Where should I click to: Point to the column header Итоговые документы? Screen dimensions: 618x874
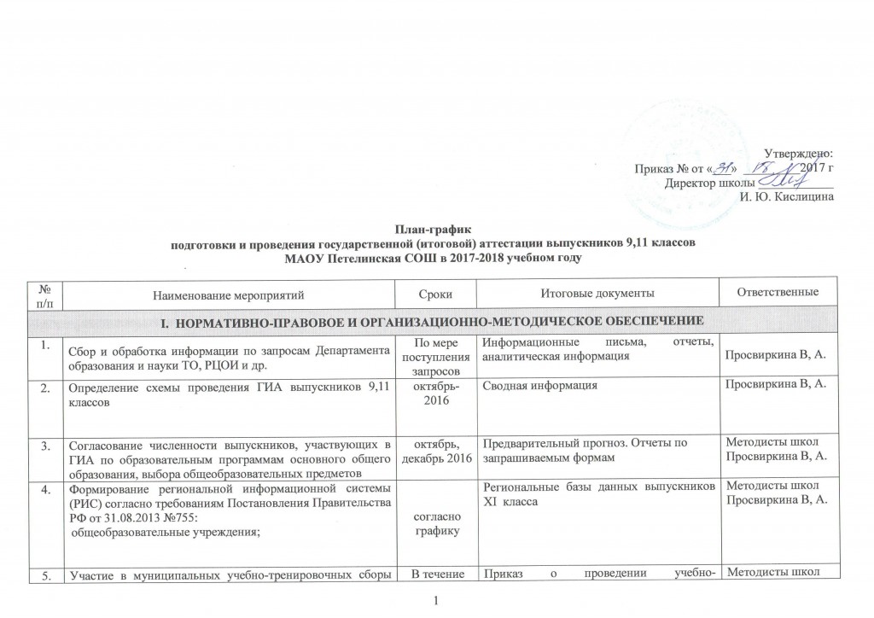pos(597,294)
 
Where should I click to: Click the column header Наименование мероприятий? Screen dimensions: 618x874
pos(228,294)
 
